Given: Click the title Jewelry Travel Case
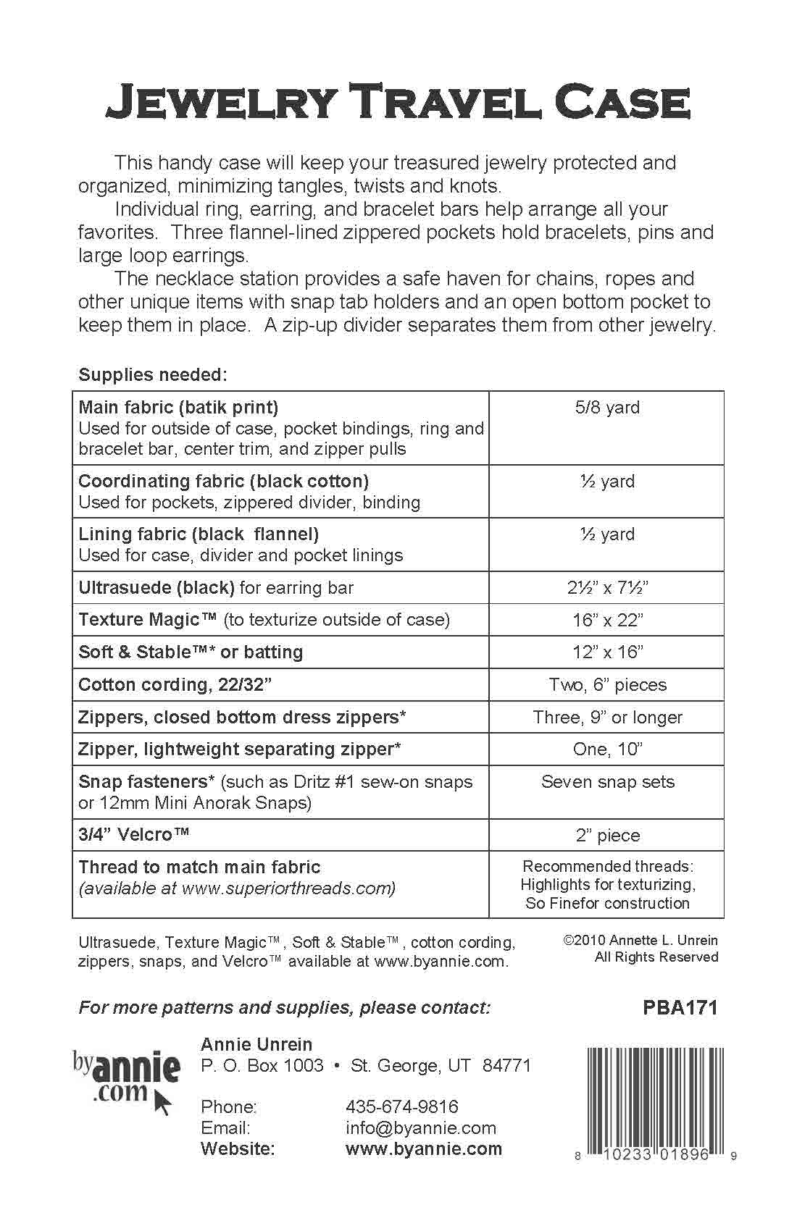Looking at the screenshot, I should (398, 103).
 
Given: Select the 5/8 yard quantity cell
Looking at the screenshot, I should (607, 408).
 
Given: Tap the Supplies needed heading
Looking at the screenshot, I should (153, 375).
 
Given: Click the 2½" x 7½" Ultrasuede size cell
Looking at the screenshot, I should (607, 587).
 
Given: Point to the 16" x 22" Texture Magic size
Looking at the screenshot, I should (607, 620).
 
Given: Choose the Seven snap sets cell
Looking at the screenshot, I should (607, 782).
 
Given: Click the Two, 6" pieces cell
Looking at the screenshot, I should (607, 685).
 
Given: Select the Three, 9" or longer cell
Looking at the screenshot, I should (607, 718).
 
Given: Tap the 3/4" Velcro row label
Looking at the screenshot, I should (134, 834).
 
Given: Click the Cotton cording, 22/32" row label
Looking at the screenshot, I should (175, 685).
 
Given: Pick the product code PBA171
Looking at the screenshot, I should (680, 1007).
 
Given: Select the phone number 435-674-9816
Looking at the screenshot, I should (402, 1106).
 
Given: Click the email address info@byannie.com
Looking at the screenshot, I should (421, 1128).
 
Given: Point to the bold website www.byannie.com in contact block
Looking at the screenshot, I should (424, 1149).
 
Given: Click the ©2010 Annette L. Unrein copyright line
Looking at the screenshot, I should (640, 941).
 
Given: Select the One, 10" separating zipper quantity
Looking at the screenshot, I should (607, 749).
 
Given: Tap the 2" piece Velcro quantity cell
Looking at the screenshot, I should (607, 836).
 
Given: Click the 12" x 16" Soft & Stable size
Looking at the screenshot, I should (607, 652).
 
